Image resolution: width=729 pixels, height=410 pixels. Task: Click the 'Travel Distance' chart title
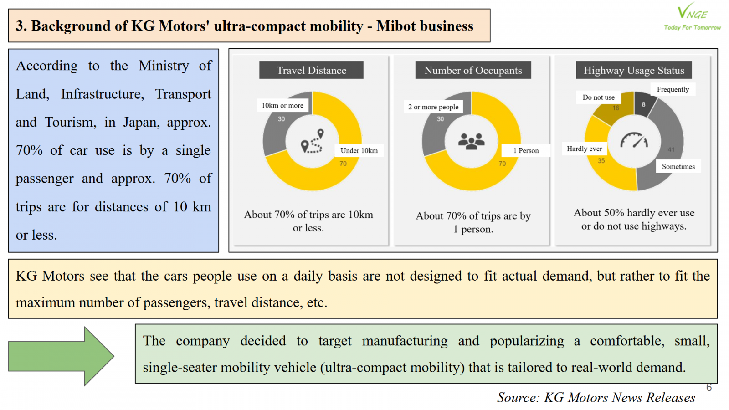(311, 70)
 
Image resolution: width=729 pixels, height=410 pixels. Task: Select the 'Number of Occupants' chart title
(473, 70)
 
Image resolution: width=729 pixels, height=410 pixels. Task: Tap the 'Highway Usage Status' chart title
(634, 70)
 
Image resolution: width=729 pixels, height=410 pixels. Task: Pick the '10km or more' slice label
(282, 106)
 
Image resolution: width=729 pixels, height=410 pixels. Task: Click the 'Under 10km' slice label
(359, 151)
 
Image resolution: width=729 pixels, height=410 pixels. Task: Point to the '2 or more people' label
(433, 107)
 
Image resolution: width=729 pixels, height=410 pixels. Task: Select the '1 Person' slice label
(526, 151)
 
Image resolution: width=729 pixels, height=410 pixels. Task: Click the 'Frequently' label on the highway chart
(673, 89)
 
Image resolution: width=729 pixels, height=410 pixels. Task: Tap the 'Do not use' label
(598, 97)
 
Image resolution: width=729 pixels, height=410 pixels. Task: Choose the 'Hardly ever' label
(584, 149)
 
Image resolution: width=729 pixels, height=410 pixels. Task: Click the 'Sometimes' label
(678, 167)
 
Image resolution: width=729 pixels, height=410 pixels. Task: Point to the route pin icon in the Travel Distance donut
(313, 141)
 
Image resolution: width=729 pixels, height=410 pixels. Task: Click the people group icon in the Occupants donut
(472, 141)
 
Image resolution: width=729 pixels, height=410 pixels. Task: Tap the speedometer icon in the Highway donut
(634, 140)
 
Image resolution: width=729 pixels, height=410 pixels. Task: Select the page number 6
(709, 388)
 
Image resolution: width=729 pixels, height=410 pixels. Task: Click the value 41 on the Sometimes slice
(671, 149)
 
